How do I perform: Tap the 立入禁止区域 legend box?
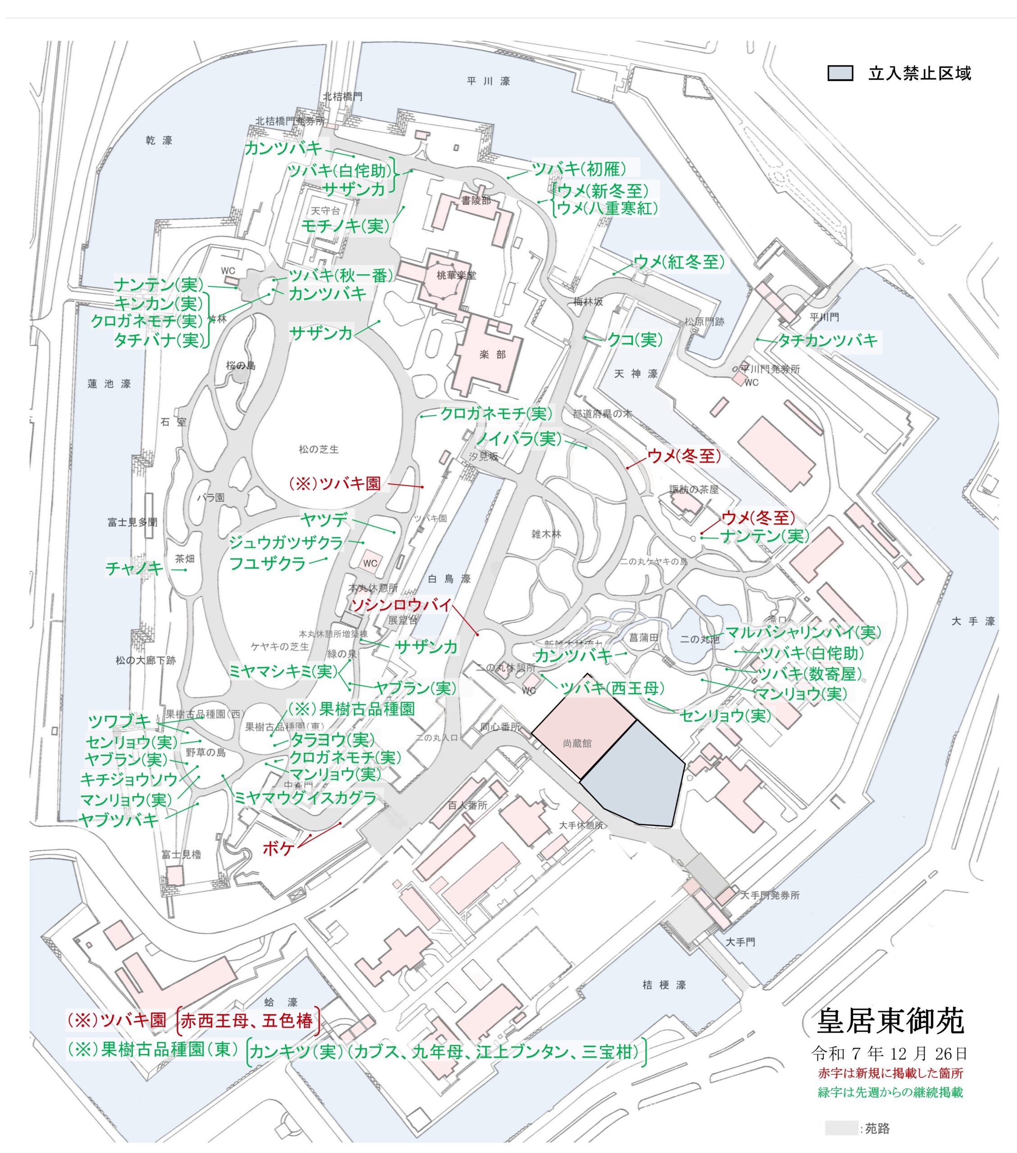pyautogui.click(x=840, y=73)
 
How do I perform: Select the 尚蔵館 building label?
pyautogui.click(x=577, y=744)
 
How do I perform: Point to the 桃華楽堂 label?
pyautogui.click(x=456, y=275)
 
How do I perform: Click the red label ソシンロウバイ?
pyautogui.click(x=401, y=605)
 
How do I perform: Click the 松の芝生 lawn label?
pyautogui.click(x=319, y=449)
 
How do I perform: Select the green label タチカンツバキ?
pyautogui.click(x=827, y=340)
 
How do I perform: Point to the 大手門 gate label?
pyautogui.click(x=740, y=941)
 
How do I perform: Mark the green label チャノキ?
pyautogui.click(x=134, y=567)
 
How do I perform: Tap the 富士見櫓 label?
pyautogui.click(x=181, y=854)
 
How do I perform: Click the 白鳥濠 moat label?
pyautogui.click(x=449, y=578)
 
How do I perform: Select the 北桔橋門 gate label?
pyautogui.click(x=342, y=96)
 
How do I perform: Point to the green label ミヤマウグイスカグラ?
pyautogui.click(x=304, y=798)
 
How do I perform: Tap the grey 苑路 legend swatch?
pyautogui.click(x=840, y=1128)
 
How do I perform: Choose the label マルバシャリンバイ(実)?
pyautogui.click(x=802, y=632)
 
